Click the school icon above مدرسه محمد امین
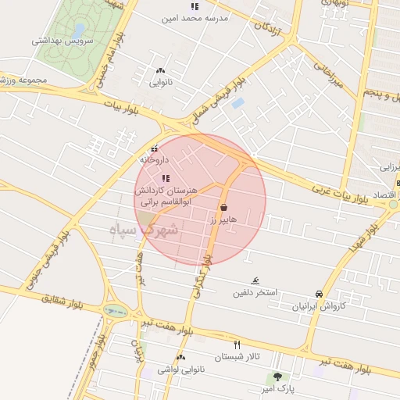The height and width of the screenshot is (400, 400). (x=194, y=6)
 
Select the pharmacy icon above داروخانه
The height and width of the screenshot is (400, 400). (x=154, y=148)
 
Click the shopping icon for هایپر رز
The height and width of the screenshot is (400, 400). (x=225, y=208)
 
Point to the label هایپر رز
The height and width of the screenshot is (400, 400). (x=223, y=221)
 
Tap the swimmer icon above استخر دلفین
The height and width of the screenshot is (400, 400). (x=255, y=280)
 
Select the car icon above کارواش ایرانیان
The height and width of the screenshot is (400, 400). (x=319, y=294)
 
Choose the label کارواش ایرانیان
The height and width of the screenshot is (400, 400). (x=318, y=306)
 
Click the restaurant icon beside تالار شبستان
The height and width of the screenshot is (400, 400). (x=237, y=344)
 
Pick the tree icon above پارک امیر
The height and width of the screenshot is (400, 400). (x=277, y=377)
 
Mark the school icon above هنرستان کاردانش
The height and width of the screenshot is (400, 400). (x=165, y=178)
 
